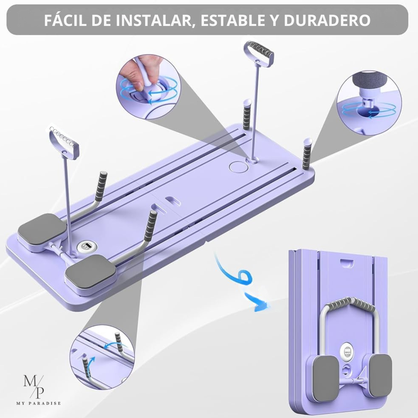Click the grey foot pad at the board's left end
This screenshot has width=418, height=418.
coord(42,228)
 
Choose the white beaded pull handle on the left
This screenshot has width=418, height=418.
coord(64,142)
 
